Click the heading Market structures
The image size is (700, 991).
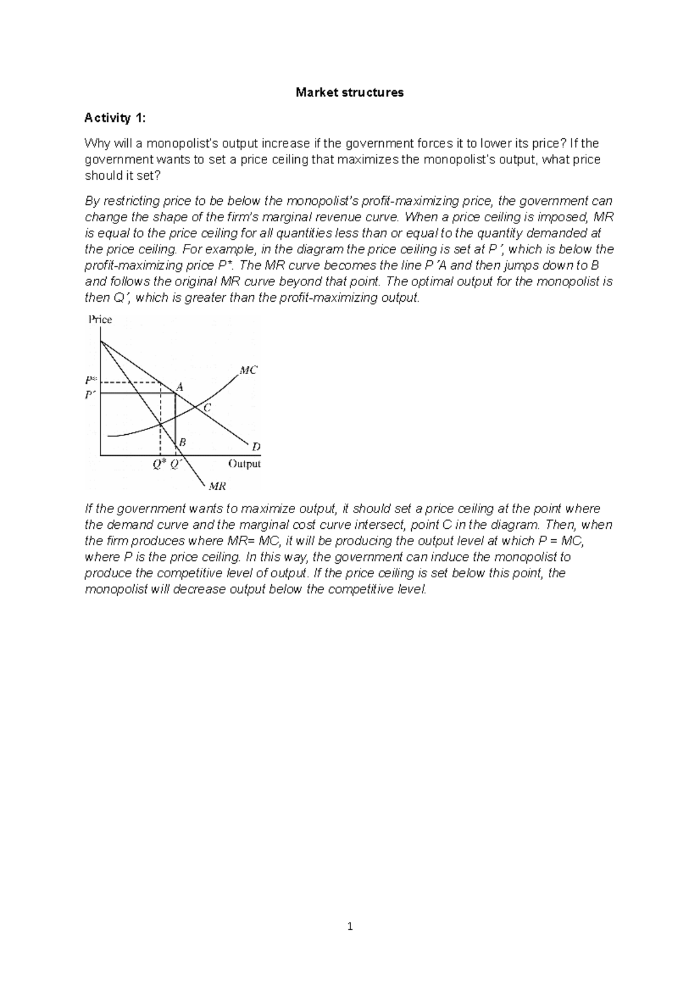(349, 92)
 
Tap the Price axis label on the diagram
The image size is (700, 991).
(100, 319)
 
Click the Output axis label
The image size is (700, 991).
(244, 464)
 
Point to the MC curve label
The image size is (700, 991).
(248, 370)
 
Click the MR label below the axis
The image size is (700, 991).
(217, 486)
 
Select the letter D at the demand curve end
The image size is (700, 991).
(256, 447)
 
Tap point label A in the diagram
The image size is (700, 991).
(180, 386)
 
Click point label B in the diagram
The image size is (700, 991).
(182, 442)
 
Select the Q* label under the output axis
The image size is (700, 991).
(159, 464)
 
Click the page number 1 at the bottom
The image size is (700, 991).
(350, 926)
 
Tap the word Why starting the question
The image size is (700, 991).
(97, 144)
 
